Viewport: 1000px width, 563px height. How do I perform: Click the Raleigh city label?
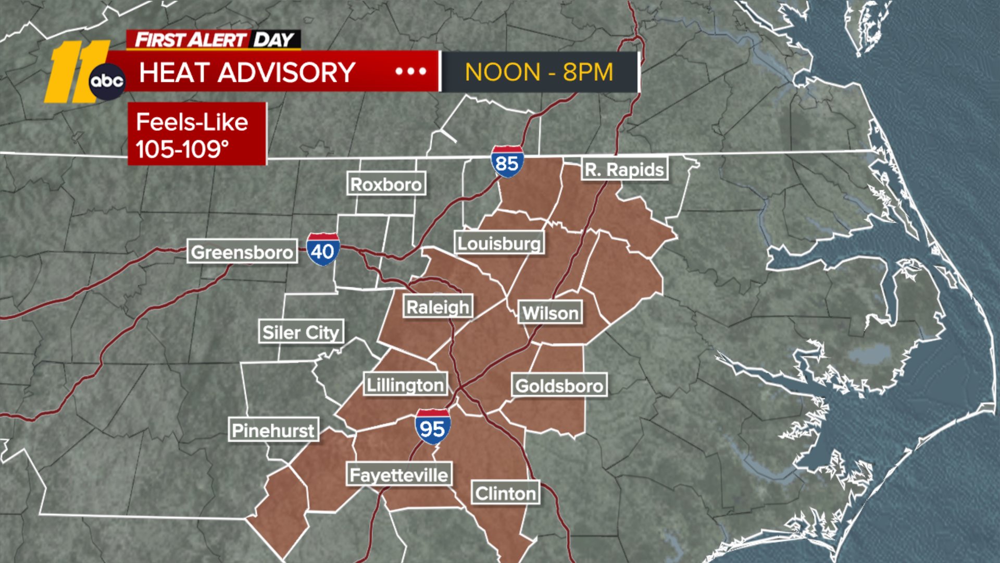click(x=438, y=307)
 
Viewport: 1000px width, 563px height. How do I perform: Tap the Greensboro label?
click(x=242, y=252)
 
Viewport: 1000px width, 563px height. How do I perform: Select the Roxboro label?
click(x=386, y=184)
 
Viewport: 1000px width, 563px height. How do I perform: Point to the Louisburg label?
click(x=499, y=243)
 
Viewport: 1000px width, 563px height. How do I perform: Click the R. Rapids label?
click(x=624, y=169)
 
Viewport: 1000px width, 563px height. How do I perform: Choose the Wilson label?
click(x=551, y=313)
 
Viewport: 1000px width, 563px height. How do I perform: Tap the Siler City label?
click(x=301, y=332)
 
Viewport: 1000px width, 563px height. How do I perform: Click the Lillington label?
click(x=405, y=385)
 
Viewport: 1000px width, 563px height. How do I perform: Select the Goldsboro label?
click(x=559, y=386)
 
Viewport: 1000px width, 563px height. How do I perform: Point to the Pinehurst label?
click(x=273, y=430)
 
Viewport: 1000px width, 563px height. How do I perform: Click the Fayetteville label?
click(x=399, y=475)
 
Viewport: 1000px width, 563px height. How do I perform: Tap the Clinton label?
click(x=506, y=493)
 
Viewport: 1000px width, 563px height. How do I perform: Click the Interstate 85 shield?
click(x=507, y=162)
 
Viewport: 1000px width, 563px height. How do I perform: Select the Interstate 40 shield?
click(x=323, y=250)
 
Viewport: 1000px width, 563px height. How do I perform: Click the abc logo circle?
click(x=107, y=81)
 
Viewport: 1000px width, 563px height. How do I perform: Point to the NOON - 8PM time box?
click(x=539, y=72)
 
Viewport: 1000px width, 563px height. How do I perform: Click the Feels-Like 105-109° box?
click(x=197, y=134)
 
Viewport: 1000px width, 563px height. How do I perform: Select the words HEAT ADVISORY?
click(x=247, y=72)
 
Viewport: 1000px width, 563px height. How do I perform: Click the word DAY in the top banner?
click(x=273, y=40)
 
